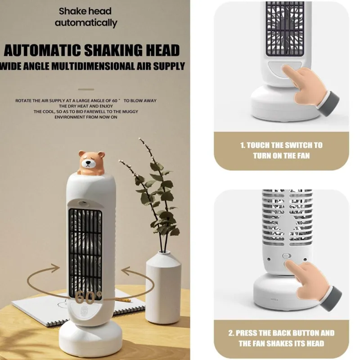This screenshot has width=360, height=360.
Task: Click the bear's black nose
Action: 88,164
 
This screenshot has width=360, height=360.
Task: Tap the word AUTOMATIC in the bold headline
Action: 42,50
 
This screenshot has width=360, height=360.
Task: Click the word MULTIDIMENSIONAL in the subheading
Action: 93,66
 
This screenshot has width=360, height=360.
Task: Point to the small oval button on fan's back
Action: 286,256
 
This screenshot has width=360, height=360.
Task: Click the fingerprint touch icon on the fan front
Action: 83,311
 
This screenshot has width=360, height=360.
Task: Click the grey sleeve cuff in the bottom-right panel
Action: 331,300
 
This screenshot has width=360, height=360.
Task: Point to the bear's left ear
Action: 81,153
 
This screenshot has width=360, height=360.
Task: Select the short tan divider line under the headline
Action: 86,89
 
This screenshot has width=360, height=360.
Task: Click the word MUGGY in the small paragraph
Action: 130,112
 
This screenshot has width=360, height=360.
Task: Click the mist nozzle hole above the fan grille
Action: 82,203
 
